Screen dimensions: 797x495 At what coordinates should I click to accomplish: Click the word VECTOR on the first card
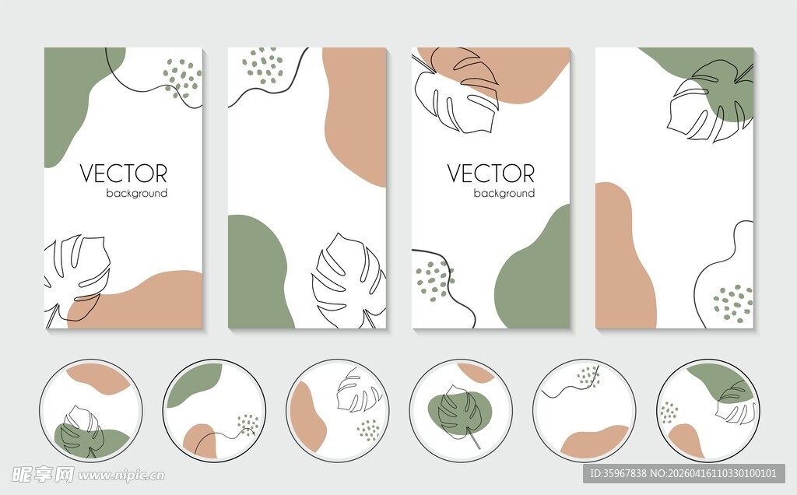click(124, 174)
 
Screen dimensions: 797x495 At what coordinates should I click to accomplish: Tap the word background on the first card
click(137, 193)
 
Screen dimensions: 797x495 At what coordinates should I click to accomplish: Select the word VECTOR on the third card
click(491, 174)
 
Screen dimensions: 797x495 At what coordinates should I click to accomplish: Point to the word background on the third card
click(504, 193)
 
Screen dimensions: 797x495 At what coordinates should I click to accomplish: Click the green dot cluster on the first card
click(182, 79)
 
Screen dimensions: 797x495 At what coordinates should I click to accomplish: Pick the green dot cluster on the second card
click(263, 66)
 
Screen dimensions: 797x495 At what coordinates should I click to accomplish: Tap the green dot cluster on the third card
click(434, 281)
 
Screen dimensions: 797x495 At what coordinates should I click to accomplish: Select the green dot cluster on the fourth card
click(732, 303)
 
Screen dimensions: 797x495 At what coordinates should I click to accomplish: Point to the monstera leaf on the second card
click(349, 280)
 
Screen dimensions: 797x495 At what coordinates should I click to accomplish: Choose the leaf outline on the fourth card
click(711, 100)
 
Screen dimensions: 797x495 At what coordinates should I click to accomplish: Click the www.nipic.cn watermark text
click(121, 476)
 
